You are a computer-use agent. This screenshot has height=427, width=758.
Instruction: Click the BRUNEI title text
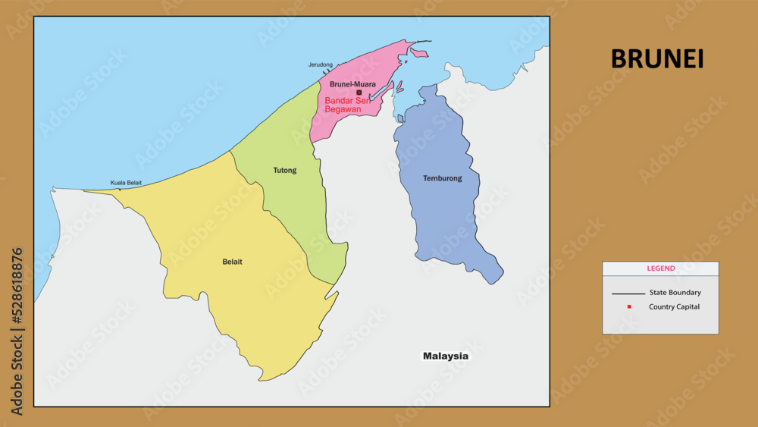point(656,59)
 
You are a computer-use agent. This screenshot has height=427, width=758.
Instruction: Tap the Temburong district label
point(442,179)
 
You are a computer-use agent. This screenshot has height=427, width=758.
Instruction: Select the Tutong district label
point(285,171)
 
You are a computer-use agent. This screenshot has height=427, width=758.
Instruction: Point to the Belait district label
point(232,262)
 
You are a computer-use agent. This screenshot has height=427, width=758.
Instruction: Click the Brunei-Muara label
point(352,84)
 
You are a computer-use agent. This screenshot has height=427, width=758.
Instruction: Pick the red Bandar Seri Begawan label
point(347,105)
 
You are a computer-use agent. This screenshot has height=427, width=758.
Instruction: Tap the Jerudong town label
point(320,65)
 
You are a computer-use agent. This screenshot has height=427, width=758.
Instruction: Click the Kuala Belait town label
point(126,183)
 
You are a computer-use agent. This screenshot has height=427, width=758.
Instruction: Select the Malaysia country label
point(446,356)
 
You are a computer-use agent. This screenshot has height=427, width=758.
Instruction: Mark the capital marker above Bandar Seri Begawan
point(359,93)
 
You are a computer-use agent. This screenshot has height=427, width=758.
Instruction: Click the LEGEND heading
point(660,268)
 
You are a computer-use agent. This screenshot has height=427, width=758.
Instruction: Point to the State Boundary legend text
point(675,293)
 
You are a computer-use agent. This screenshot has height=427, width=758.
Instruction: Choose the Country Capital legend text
point(674,307)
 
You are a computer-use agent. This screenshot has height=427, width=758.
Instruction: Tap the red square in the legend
point(629,306)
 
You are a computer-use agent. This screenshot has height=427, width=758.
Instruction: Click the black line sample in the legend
point(628,294)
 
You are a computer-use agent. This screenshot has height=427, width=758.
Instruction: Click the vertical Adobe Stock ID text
point(17,331)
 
